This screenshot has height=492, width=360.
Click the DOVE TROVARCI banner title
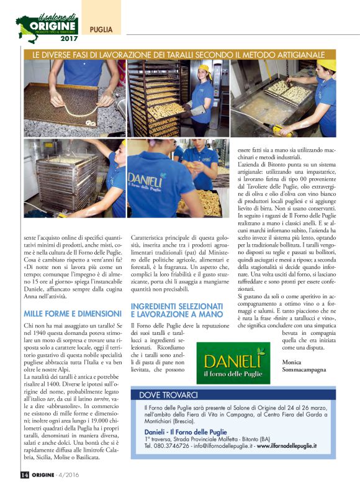168,394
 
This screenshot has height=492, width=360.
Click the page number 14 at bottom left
24,475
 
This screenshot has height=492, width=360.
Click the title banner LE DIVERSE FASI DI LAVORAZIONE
179,54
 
